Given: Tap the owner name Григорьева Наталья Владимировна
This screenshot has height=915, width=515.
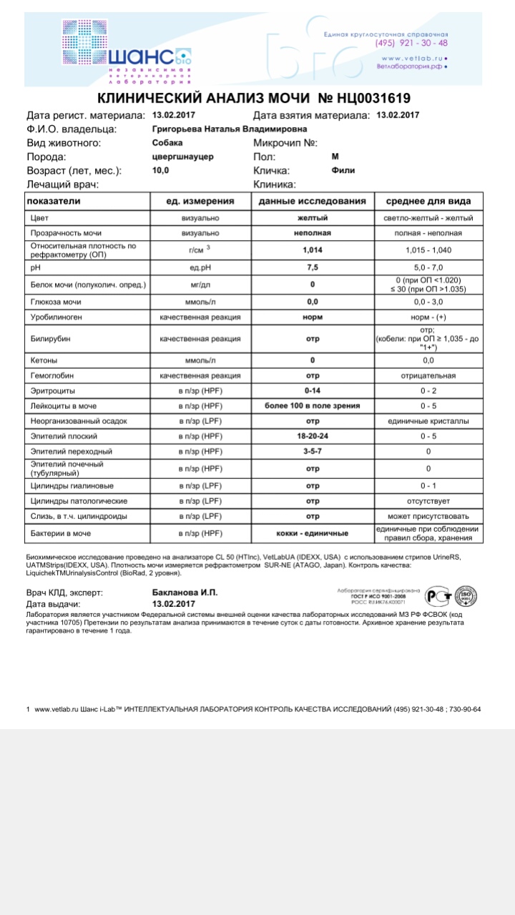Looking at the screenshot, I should point(230,129).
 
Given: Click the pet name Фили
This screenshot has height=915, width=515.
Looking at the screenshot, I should point(343,171).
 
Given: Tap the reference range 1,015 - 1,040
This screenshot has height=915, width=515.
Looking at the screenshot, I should point(428,249).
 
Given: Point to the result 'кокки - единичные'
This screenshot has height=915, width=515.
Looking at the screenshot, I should point(312,533).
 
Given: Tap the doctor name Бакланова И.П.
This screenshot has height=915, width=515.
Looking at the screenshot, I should point(185,593).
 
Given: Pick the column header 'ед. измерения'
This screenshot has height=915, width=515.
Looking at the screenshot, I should point(200,201).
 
